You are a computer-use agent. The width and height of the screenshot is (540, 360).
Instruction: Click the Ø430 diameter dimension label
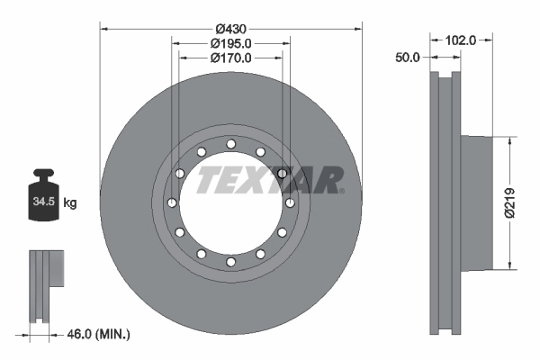[230, 27]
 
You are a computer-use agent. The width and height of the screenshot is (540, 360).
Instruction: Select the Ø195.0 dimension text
[230, 42]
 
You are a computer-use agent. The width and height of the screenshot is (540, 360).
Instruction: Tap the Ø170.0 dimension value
[230, 57]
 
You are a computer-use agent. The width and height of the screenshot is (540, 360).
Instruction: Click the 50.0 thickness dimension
[408, 58]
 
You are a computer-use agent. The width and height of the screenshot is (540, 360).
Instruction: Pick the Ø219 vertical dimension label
[509, 203]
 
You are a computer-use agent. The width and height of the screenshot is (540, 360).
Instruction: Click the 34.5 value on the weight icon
[44, 202]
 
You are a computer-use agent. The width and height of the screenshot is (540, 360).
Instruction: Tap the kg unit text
[70, 203]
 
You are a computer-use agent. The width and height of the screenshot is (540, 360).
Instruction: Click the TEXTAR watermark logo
[270, 178]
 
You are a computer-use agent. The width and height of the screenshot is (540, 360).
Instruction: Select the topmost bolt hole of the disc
[231, 144]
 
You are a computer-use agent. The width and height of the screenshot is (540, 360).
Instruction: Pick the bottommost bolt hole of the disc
[231, 262]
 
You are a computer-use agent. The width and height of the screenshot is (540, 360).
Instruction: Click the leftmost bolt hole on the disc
[172, 202]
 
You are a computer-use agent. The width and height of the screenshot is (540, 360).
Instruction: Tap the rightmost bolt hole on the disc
[290, 202]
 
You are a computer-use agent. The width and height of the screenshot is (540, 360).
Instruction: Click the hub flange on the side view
[477, 202]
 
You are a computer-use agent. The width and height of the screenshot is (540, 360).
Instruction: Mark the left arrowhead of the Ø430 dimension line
[103, 29]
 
